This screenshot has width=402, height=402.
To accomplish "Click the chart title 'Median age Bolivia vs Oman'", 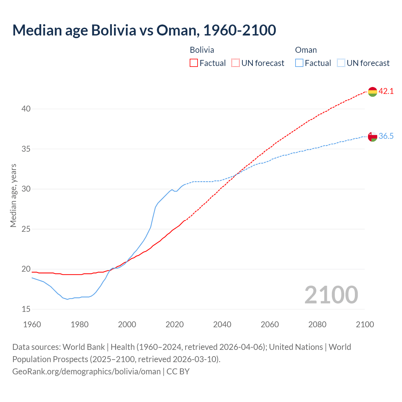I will (x=144, y=30).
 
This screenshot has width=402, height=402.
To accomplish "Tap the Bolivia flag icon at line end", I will (x=372, y=92).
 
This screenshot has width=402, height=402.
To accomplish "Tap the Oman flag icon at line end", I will (x=372, y=137).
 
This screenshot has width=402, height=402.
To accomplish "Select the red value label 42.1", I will (x=386, y=91).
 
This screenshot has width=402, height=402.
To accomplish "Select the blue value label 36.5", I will (x=386, y=136).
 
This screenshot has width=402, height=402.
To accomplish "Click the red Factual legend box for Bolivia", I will (x=194, y=63).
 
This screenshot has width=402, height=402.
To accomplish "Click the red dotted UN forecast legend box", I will (x=236, y=63).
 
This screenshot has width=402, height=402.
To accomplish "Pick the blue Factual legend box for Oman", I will (x=299, y=63).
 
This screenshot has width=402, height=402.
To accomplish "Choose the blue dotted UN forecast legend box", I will (x=341, y=63).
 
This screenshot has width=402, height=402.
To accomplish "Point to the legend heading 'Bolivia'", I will (x=202, y=50).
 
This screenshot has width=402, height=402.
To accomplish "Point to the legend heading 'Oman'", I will (x=306, y=50).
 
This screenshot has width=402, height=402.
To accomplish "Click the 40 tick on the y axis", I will (x=26, y=109).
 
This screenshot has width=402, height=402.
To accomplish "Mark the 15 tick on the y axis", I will (x=26, y=309).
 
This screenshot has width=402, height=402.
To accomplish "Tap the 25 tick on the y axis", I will (x=26, y=229).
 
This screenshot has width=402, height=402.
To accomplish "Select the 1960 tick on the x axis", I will (x=32, y=324).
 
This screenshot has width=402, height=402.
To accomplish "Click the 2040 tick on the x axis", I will (x=222, y=324).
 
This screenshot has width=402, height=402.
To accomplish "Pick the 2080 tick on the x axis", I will (x=317, y=324).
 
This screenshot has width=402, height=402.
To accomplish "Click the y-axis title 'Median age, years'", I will (x=13, y=195).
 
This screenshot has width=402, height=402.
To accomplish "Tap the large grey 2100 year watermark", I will (x=331, y=295).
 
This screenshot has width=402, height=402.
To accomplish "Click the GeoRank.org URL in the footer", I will (x=86, y=372).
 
